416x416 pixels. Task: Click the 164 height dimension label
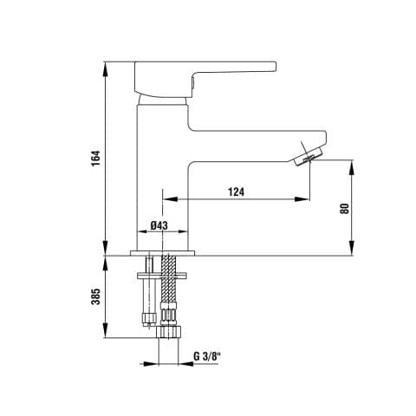95,158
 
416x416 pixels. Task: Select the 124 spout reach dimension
237,192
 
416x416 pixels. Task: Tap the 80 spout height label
344,208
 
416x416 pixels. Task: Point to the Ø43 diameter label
159,225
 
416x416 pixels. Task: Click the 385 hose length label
95,296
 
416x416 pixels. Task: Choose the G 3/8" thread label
207,356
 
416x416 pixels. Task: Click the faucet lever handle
205,78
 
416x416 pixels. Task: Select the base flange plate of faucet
162,253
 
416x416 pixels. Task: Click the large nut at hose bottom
169,332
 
